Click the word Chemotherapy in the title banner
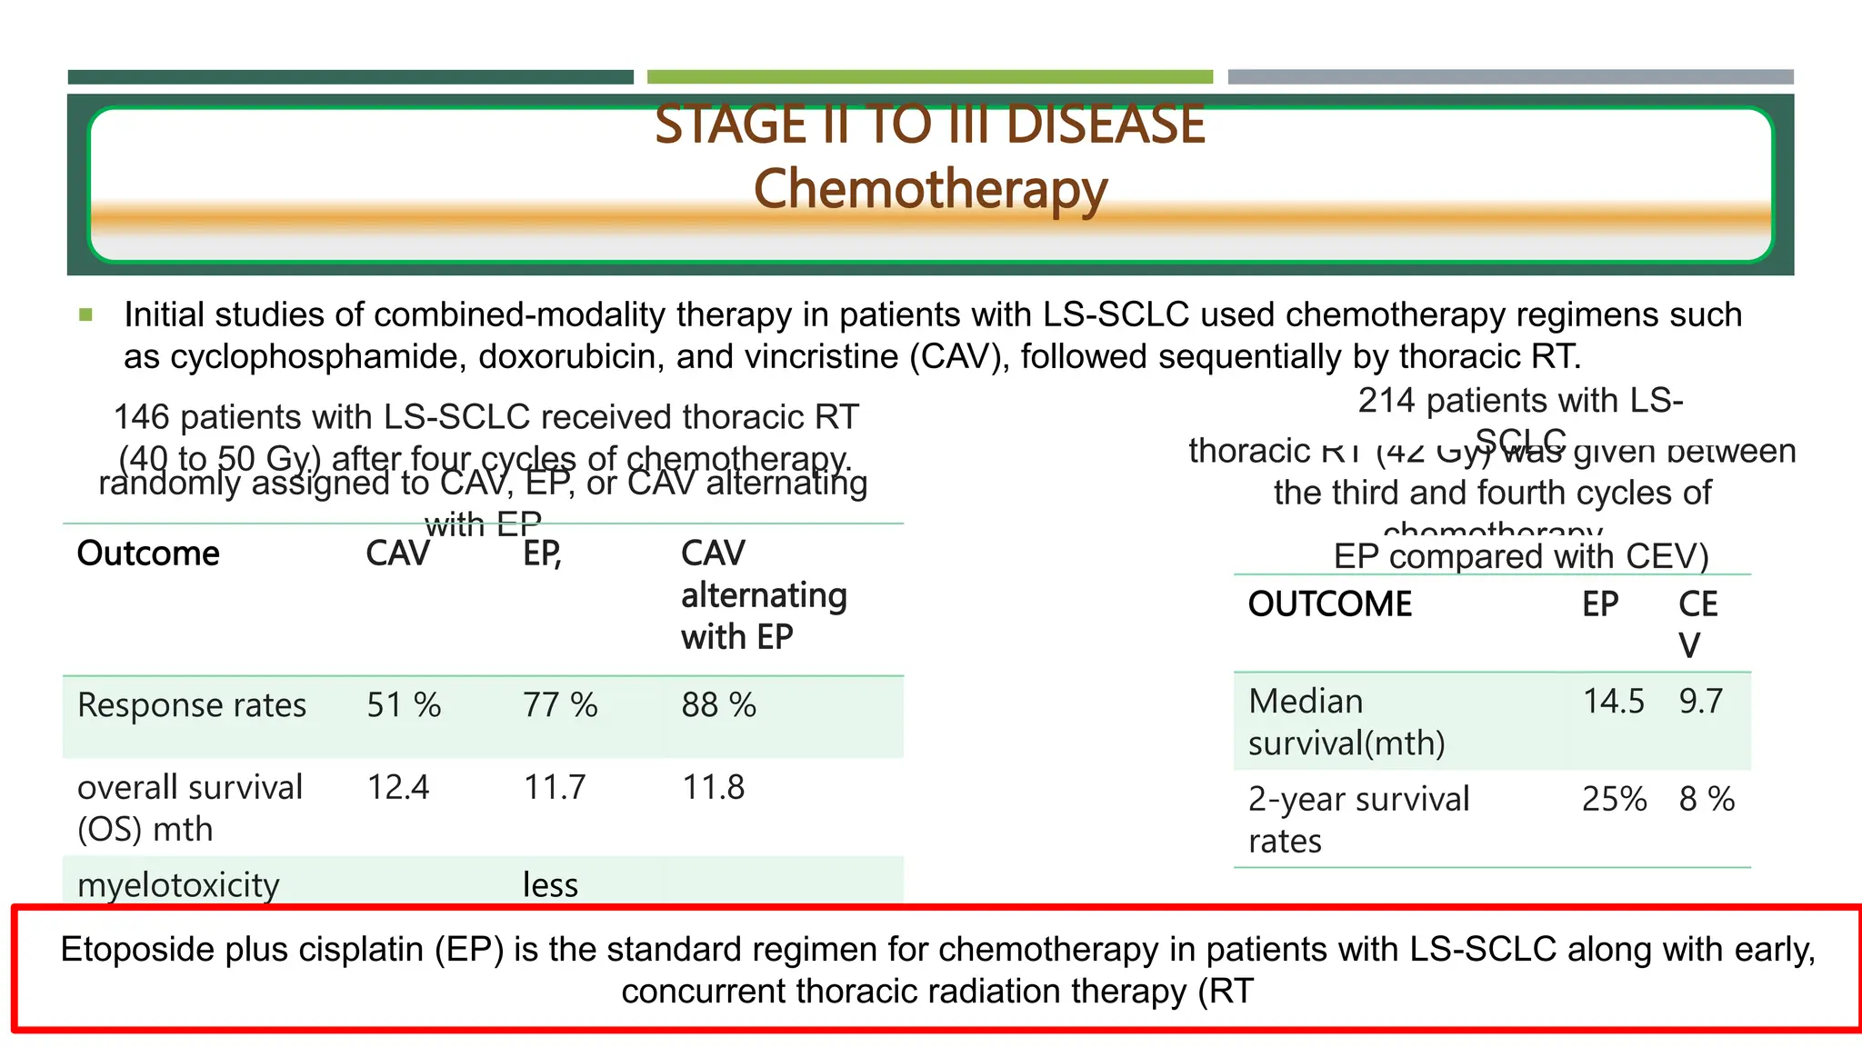tap(930, 190)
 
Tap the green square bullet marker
tap(86, 315)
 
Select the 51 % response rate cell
tap(404, 705)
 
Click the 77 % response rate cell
tap(560, 705)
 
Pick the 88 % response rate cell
tap(718, 705)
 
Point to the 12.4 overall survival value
tap(398, 787)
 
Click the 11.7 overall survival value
tap(555, 787)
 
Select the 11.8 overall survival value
tap(714, 787)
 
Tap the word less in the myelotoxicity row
tap(550, 884)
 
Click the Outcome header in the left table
tap(148, 553)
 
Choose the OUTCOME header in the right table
tap(1330, 604)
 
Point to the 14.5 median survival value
tap(1614, 702)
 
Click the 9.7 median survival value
tap(1700, 702)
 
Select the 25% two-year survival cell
tap(1614, 800)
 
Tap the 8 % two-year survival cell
tap(1707, 800)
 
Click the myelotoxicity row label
tap(178, 884)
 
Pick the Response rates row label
tap(192, 705)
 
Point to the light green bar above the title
tap(929, 77)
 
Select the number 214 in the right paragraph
tap(1386, 401)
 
